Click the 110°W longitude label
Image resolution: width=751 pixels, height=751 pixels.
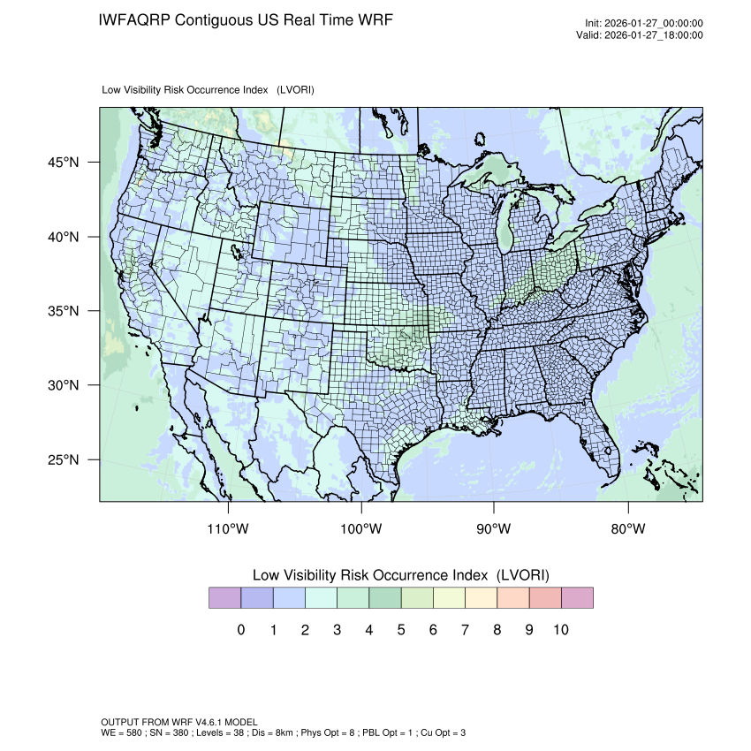[x=229, y=529]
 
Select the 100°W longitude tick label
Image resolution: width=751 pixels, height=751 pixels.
[x=361, y=529]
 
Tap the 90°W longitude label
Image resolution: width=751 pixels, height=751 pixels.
[x=494, y=529]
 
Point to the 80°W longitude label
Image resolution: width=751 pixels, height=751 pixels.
[x=627, y=529]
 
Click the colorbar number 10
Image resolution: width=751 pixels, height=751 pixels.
[x=560, y=630]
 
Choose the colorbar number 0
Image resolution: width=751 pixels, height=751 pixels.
[x=241, y=630]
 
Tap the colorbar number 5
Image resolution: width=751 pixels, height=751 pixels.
[x=401, y=630]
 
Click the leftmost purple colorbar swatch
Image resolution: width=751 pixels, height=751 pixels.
[x=224, y=598]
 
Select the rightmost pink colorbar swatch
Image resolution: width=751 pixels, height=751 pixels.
[x=577, y=598]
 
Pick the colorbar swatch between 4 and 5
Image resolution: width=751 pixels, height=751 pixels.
[x=384, y=598]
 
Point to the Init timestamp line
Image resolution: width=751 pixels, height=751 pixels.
[x=644, y=24]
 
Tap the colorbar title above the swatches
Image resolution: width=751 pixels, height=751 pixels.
[x=400, y=575]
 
